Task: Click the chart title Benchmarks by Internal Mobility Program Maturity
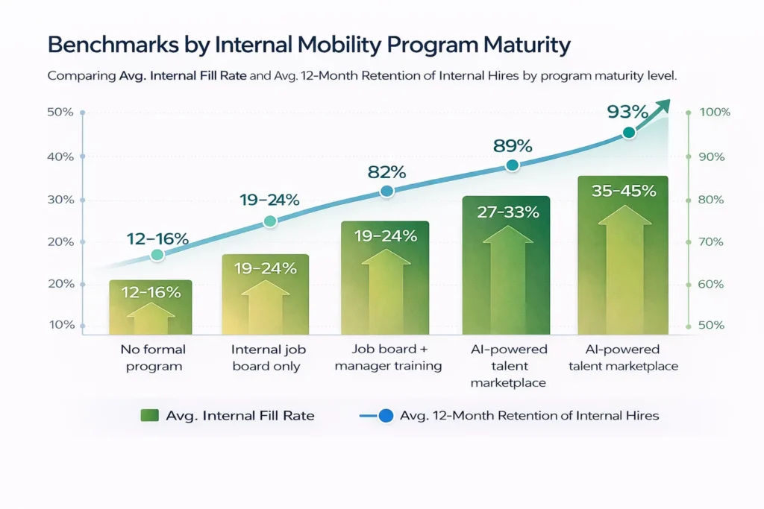(308, 45)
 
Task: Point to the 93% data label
(627, 112)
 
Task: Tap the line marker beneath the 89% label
(512, 165)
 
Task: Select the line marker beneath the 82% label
(386, 192)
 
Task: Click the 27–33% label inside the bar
(507, 212)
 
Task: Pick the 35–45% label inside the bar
(623, 191)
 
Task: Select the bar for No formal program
(150, 307)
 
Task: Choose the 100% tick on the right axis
(714, 113)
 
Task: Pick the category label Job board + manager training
(388, 357)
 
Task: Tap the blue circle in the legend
(385, 416)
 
